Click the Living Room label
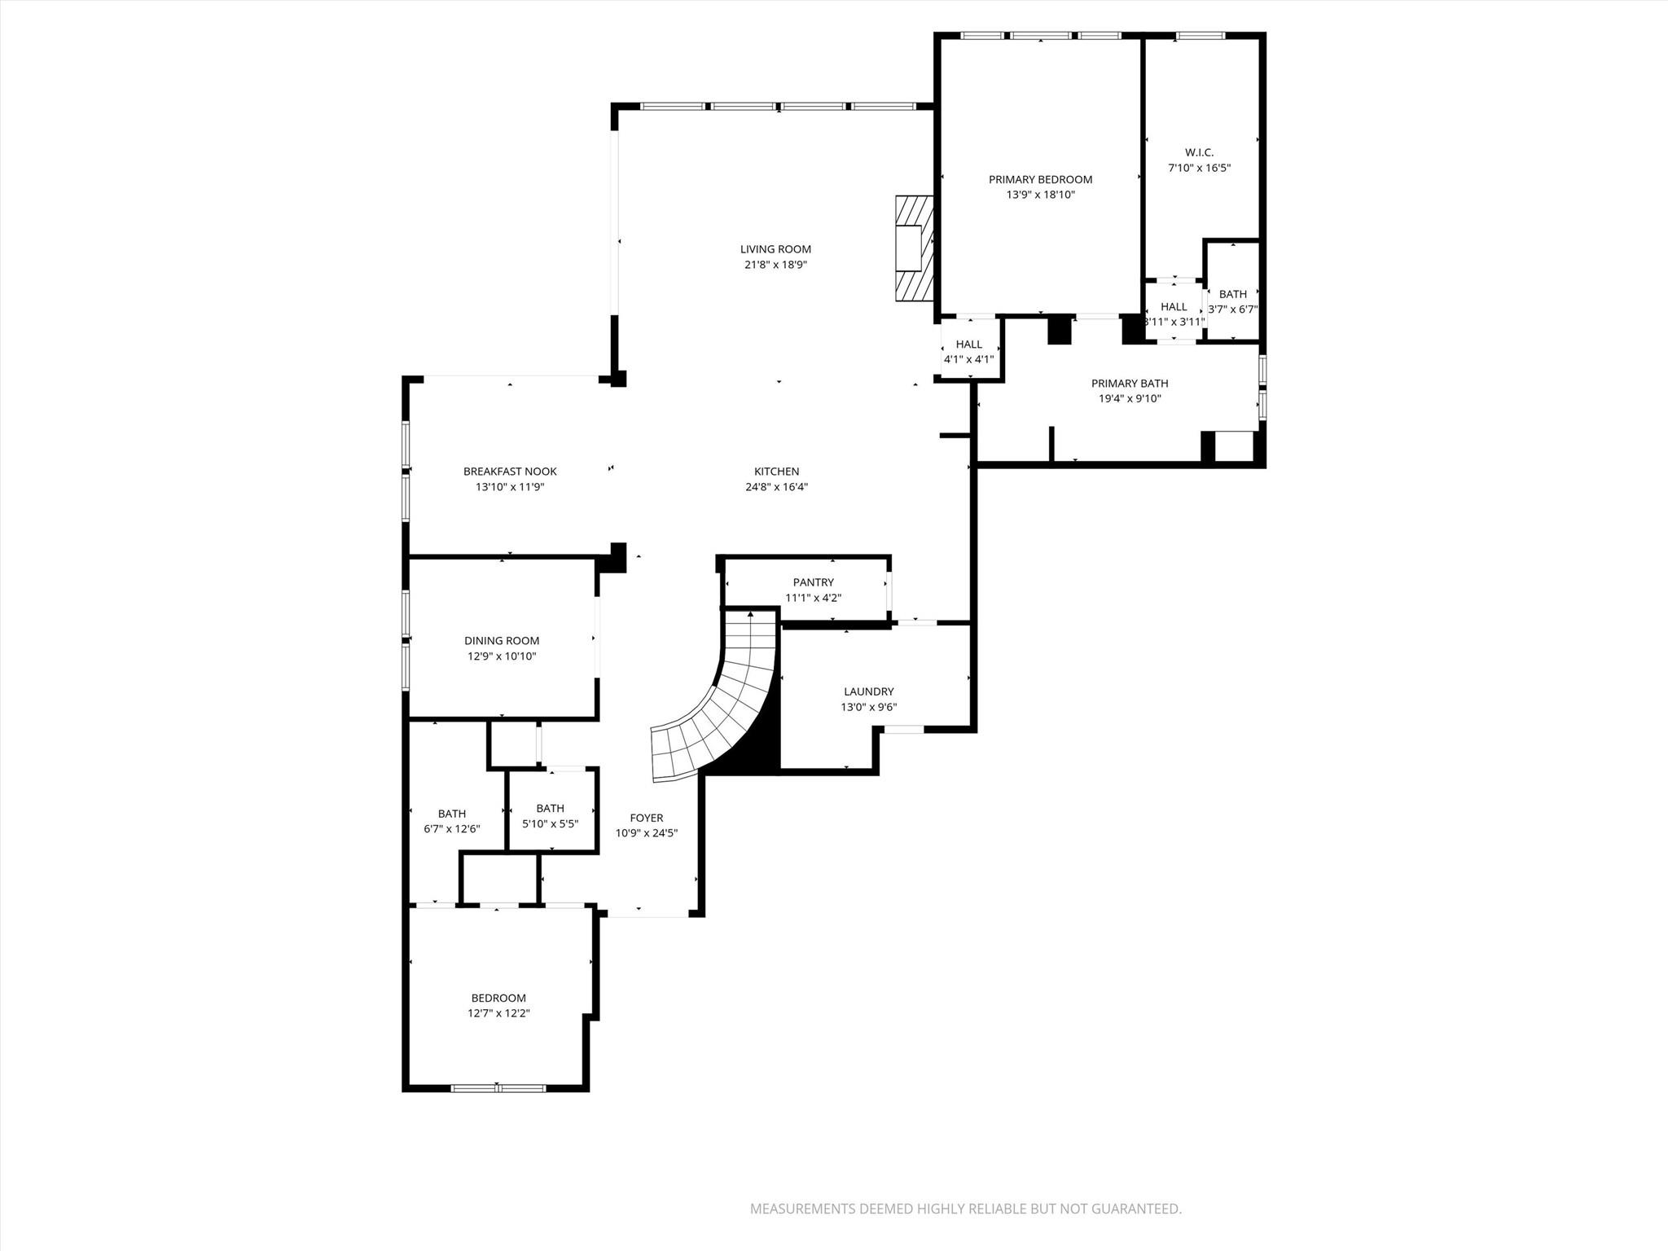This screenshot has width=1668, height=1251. (775, 249)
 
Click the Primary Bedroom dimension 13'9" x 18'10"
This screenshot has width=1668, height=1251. (1040, 195)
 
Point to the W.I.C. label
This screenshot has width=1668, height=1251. (1199, 152)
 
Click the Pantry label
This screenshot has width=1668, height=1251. (813, 582)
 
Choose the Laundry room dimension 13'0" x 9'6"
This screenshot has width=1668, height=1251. (868, 707)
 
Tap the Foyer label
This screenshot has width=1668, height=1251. (646, 818)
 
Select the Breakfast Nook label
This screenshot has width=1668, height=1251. (510, 472)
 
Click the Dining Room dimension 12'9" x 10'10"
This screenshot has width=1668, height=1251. (502, 656)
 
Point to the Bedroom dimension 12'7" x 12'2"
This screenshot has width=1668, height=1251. (498, 1013)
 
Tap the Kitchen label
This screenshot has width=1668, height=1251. (776, 472)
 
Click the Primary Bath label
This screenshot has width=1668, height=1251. (1129, 384)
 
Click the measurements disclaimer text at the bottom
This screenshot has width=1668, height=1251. (965, 1209)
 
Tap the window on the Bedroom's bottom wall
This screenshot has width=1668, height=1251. (498, 1087)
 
